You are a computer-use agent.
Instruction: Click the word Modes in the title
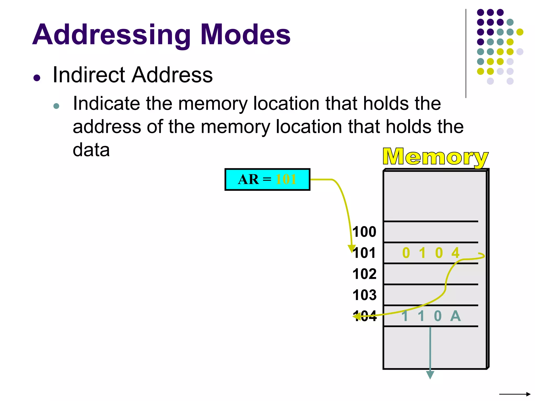[245, 34]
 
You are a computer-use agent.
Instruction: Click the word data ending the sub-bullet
[91, 150]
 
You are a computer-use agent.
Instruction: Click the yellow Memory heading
[435, 157]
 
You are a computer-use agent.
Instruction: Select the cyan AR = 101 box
[267, 180]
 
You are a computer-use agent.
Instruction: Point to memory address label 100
[364, 232]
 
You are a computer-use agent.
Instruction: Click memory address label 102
[364, 274]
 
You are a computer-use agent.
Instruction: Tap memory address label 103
[364, 295]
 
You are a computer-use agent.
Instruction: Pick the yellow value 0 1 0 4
[431, 253]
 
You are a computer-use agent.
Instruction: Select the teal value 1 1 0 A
[431, 316]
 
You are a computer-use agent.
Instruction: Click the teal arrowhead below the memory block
[430, 375]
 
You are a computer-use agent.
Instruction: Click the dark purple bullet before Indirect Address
[37, 78]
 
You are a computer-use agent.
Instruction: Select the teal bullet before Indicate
[56, 106]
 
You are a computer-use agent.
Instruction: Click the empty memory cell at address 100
[431, 232]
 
